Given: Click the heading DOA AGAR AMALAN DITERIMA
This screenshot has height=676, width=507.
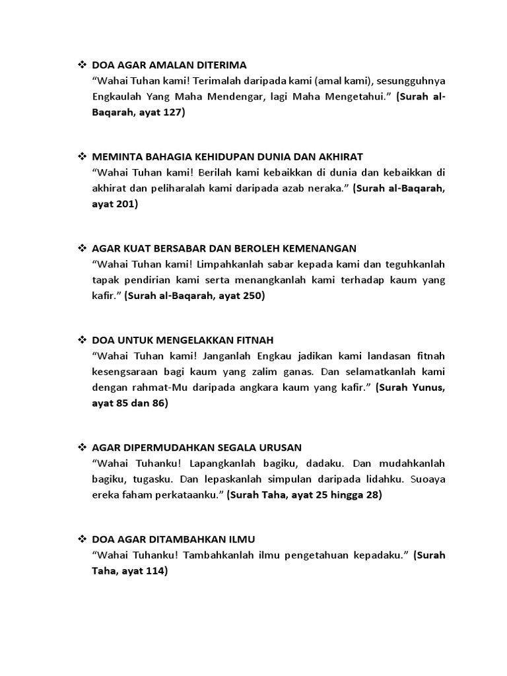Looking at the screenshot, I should click(x=169, y=65).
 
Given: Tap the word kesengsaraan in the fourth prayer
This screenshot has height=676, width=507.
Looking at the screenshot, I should click(x=127, y=372).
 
